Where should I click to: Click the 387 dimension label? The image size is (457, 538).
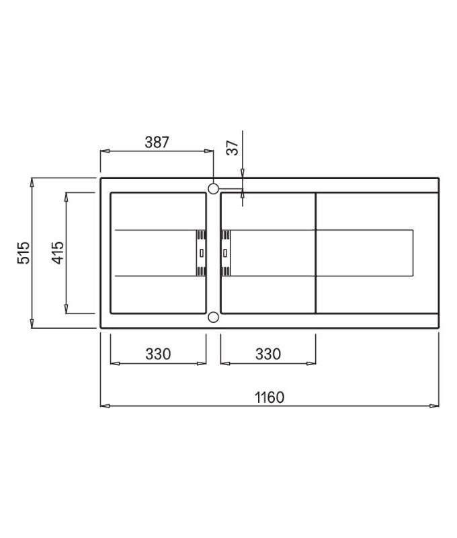click(157, 142)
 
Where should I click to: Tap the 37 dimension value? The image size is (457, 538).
click(233, 147)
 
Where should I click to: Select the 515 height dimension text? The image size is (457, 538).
click(24, 253)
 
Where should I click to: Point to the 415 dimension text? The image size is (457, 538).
click(58, 253)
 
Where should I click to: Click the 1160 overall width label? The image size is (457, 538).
click(269, 397)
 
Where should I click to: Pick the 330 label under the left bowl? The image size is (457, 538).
click(158, 354)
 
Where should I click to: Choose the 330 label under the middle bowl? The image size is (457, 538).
click(268, 354)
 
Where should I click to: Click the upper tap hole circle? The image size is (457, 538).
click(213, 188)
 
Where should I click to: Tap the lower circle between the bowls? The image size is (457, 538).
click(213, 317)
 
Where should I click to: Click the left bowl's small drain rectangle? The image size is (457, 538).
click(202, 254)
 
